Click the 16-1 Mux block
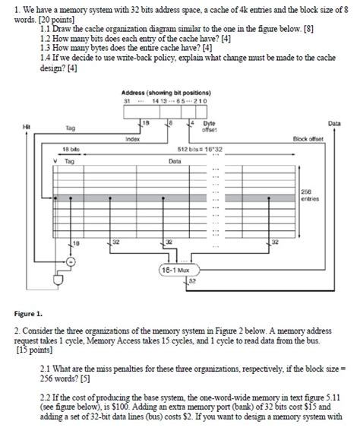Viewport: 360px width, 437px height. pos(175,269)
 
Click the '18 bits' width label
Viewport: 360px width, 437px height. pos(71,149)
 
